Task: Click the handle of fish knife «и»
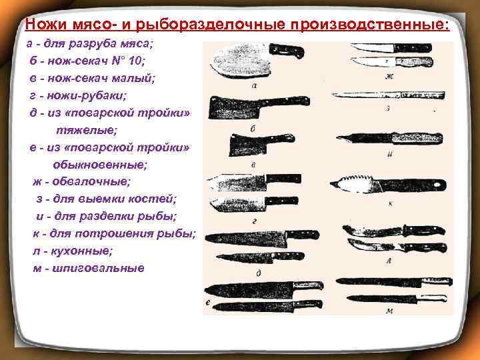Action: coord(416,138)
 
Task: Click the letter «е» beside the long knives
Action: coord(209,303)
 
